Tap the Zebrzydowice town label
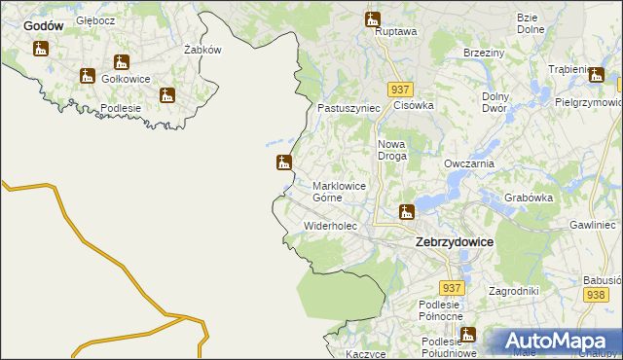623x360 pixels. [454, 241]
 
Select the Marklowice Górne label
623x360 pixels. [341, 191]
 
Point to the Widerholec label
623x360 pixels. [331, 226]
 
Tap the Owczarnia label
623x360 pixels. [470, 164]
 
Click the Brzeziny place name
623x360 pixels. [484, 53]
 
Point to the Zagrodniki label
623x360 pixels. [513, 291]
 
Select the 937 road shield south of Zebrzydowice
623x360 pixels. [451, 289]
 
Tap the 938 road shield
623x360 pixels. [597, 295]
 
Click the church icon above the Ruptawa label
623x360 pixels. [372, 18]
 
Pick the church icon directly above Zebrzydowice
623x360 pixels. [407, 211]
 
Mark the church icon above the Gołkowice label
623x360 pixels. [122, 63]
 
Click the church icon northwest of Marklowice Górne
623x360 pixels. [284, 162]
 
